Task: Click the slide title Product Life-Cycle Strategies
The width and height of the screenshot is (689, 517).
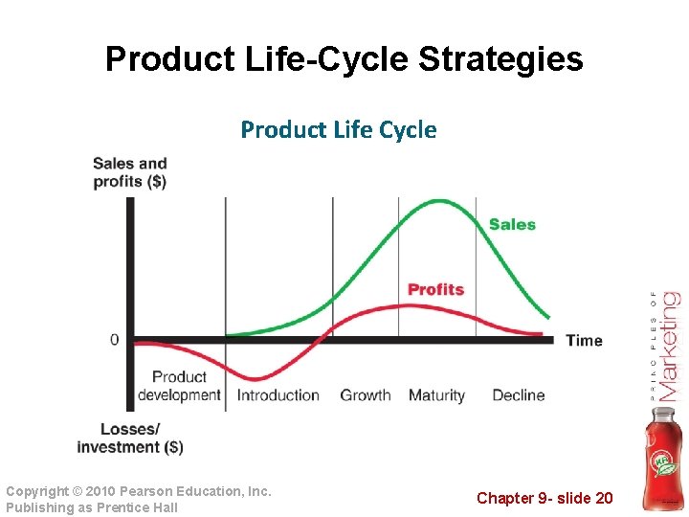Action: pyautogui.click(x=344, y=59)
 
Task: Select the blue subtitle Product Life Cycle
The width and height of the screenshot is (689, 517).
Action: pyautogui.click(x=338, y=129)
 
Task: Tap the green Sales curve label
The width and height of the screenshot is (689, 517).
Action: pyautogui.click(x=512, y=224)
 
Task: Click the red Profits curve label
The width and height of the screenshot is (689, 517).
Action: pyautogui.click(x=435, y=289)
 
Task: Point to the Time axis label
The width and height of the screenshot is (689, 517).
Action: pyautogui.click(x=584, y=340)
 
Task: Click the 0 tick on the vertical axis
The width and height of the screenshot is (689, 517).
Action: pyautogui.click(x=115, y=340)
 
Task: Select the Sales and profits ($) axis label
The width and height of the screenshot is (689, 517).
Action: pyautogui.click(x=129, y=172)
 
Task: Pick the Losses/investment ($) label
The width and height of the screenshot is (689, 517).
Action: pyautogui.click(x=129, y=438)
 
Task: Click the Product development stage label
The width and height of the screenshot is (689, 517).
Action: pyautogui.click(x=179, y=386)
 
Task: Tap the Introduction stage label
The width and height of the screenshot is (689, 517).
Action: pyautogui.click(x=278, y=395)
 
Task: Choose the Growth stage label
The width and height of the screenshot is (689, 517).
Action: pyautogui.click(x=366, y=395)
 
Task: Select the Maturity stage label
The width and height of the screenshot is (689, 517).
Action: pyautogui.click(x=436, y=395)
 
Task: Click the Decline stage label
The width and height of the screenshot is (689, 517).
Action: pyautogui.click(x=518, y=395)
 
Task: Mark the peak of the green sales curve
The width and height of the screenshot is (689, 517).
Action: pyautogui.click(x=438, y=201)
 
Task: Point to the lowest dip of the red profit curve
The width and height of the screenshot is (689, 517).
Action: pyautogui.click(x=253, y=377)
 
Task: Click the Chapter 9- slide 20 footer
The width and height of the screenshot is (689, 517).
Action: pyautogui.click(x=545, y=497)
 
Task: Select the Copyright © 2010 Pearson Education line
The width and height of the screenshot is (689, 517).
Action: pyautogui.click(x=139, y=491)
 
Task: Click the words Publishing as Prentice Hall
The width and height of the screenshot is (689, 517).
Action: pyautogui.click(x=92, y=507)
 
